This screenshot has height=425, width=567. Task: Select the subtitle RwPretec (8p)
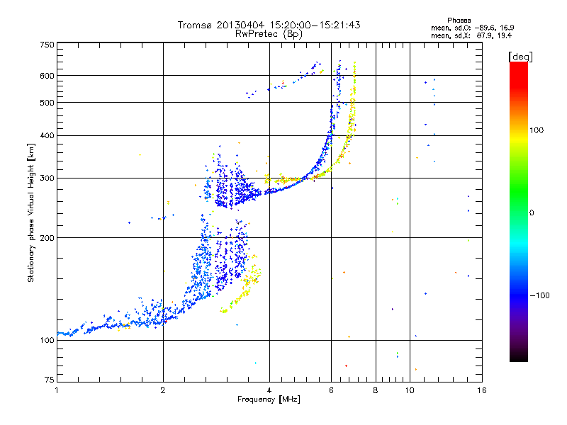point(269,34)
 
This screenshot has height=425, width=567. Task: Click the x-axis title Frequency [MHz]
point(269,399)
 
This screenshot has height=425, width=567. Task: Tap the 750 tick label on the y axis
point(47,45)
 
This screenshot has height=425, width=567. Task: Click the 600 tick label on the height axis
point(47,76)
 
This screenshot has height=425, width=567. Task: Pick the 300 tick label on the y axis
point(47,178)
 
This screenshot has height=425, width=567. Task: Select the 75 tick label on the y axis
point(50,380)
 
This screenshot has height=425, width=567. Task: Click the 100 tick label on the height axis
point(47,340)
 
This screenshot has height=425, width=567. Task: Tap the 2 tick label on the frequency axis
point(163,390)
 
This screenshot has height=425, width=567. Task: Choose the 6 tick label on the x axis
point(331,390)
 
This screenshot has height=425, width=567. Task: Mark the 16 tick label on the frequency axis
point(482,390)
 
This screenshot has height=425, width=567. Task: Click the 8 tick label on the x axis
point(376,390)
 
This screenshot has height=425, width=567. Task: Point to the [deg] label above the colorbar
point(520,57)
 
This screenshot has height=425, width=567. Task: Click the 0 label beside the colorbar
point(532,213)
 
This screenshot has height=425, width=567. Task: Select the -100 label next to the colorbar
point(539,295)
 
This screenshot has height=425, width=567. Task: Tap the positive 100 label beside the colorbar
point(537,130)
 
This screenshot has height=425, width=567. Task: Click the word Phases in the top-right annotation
point(459,21)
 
